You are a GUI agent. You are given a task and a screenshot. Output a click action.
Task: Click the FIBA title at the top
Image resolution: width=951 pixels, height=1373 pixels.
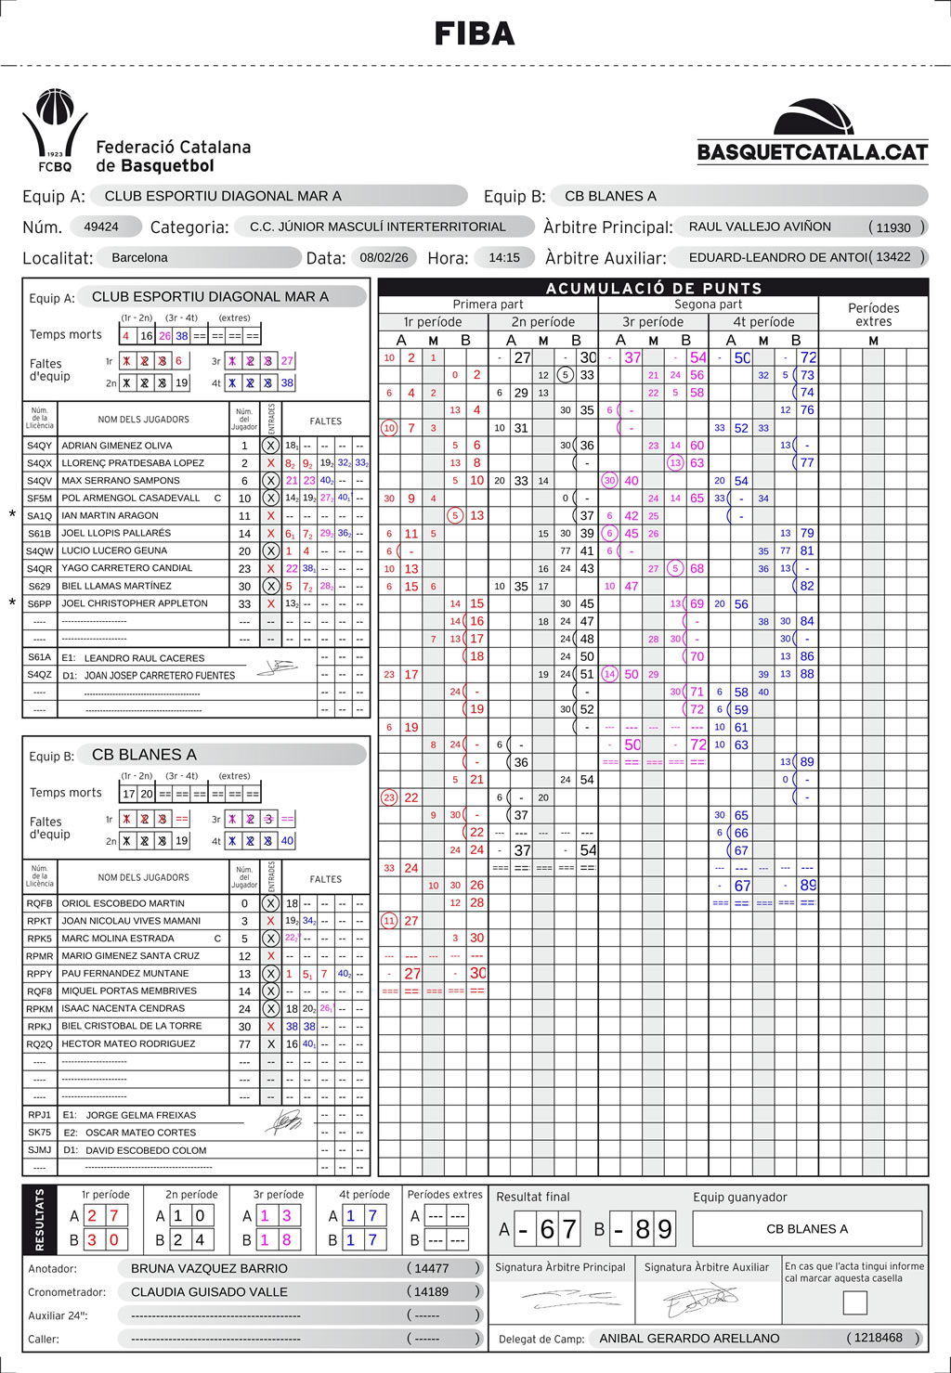point(475,34)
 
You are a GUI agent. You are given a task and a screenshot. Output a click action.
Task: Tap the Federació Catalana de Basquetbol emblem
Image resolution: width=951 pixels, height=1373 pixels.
point(57,130)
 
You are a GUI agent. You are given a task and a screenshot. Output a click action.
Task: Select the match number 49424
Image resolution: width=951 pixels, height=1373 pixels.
point(101,227)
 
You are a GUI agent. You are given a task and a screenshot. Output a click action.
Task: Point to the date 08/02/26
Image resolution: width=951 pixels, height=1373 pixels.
point(384,257)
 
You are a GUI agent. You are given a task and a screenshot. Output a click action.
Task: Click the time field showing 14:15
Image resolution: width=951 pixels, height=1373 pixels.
point(504,257)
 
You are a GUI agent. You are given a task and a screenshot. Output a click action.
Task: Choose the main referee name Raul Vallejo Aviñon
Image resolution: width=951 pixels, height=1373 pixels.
point(760,227)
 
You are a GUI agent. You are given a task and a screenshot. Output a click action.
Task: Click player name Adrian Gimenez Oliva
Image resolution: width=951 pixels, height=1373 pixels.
point(117,446)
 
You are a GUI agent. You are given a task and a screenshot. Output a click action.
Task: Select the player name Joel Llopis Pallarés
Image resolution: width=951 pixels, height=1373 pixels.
point(116,533)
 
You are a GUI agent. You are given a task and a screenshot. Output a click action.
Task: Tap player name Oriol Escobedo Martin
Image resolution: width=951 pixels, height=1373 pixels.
point(123,903)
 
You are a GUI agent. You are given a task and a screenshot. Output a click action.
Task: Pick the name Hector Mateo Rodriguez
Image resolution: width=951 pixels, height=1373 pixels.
point(128,1043)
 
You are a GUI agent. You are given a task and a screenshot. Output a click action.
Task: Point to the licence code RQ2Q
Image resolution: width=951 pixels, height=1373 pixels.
point(39,1043)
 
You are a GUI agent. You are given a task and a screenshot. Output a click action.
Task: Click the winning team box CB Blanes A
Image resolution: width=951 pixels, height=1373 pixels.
point(806,1229)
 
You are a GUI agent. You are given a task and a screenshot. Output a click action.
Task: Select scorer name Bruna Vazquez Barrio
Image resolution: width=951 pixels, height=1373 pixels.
point(209,1268)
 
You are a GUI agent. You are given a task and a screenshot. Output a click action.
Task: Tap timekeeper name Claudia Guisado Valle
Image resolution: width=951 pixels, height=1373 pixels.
point(209,1291)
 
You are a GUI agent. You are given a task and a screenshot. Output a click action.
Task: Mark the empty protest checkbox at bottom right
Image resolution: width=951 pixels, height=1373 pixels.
point(854,1302)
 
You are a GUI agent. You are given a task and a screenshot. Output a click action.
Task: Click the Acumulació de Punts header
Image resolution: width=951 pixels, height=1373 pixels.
point(653,288)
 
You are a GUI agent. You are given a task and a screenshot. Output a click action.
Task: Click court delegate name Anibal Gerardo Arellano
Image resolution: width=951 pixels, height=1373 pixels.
point(689,1338)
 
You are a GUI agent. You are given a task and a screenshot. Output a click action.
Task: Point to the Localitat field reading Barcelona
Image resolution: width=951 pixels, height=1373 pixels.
point(139,257)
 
